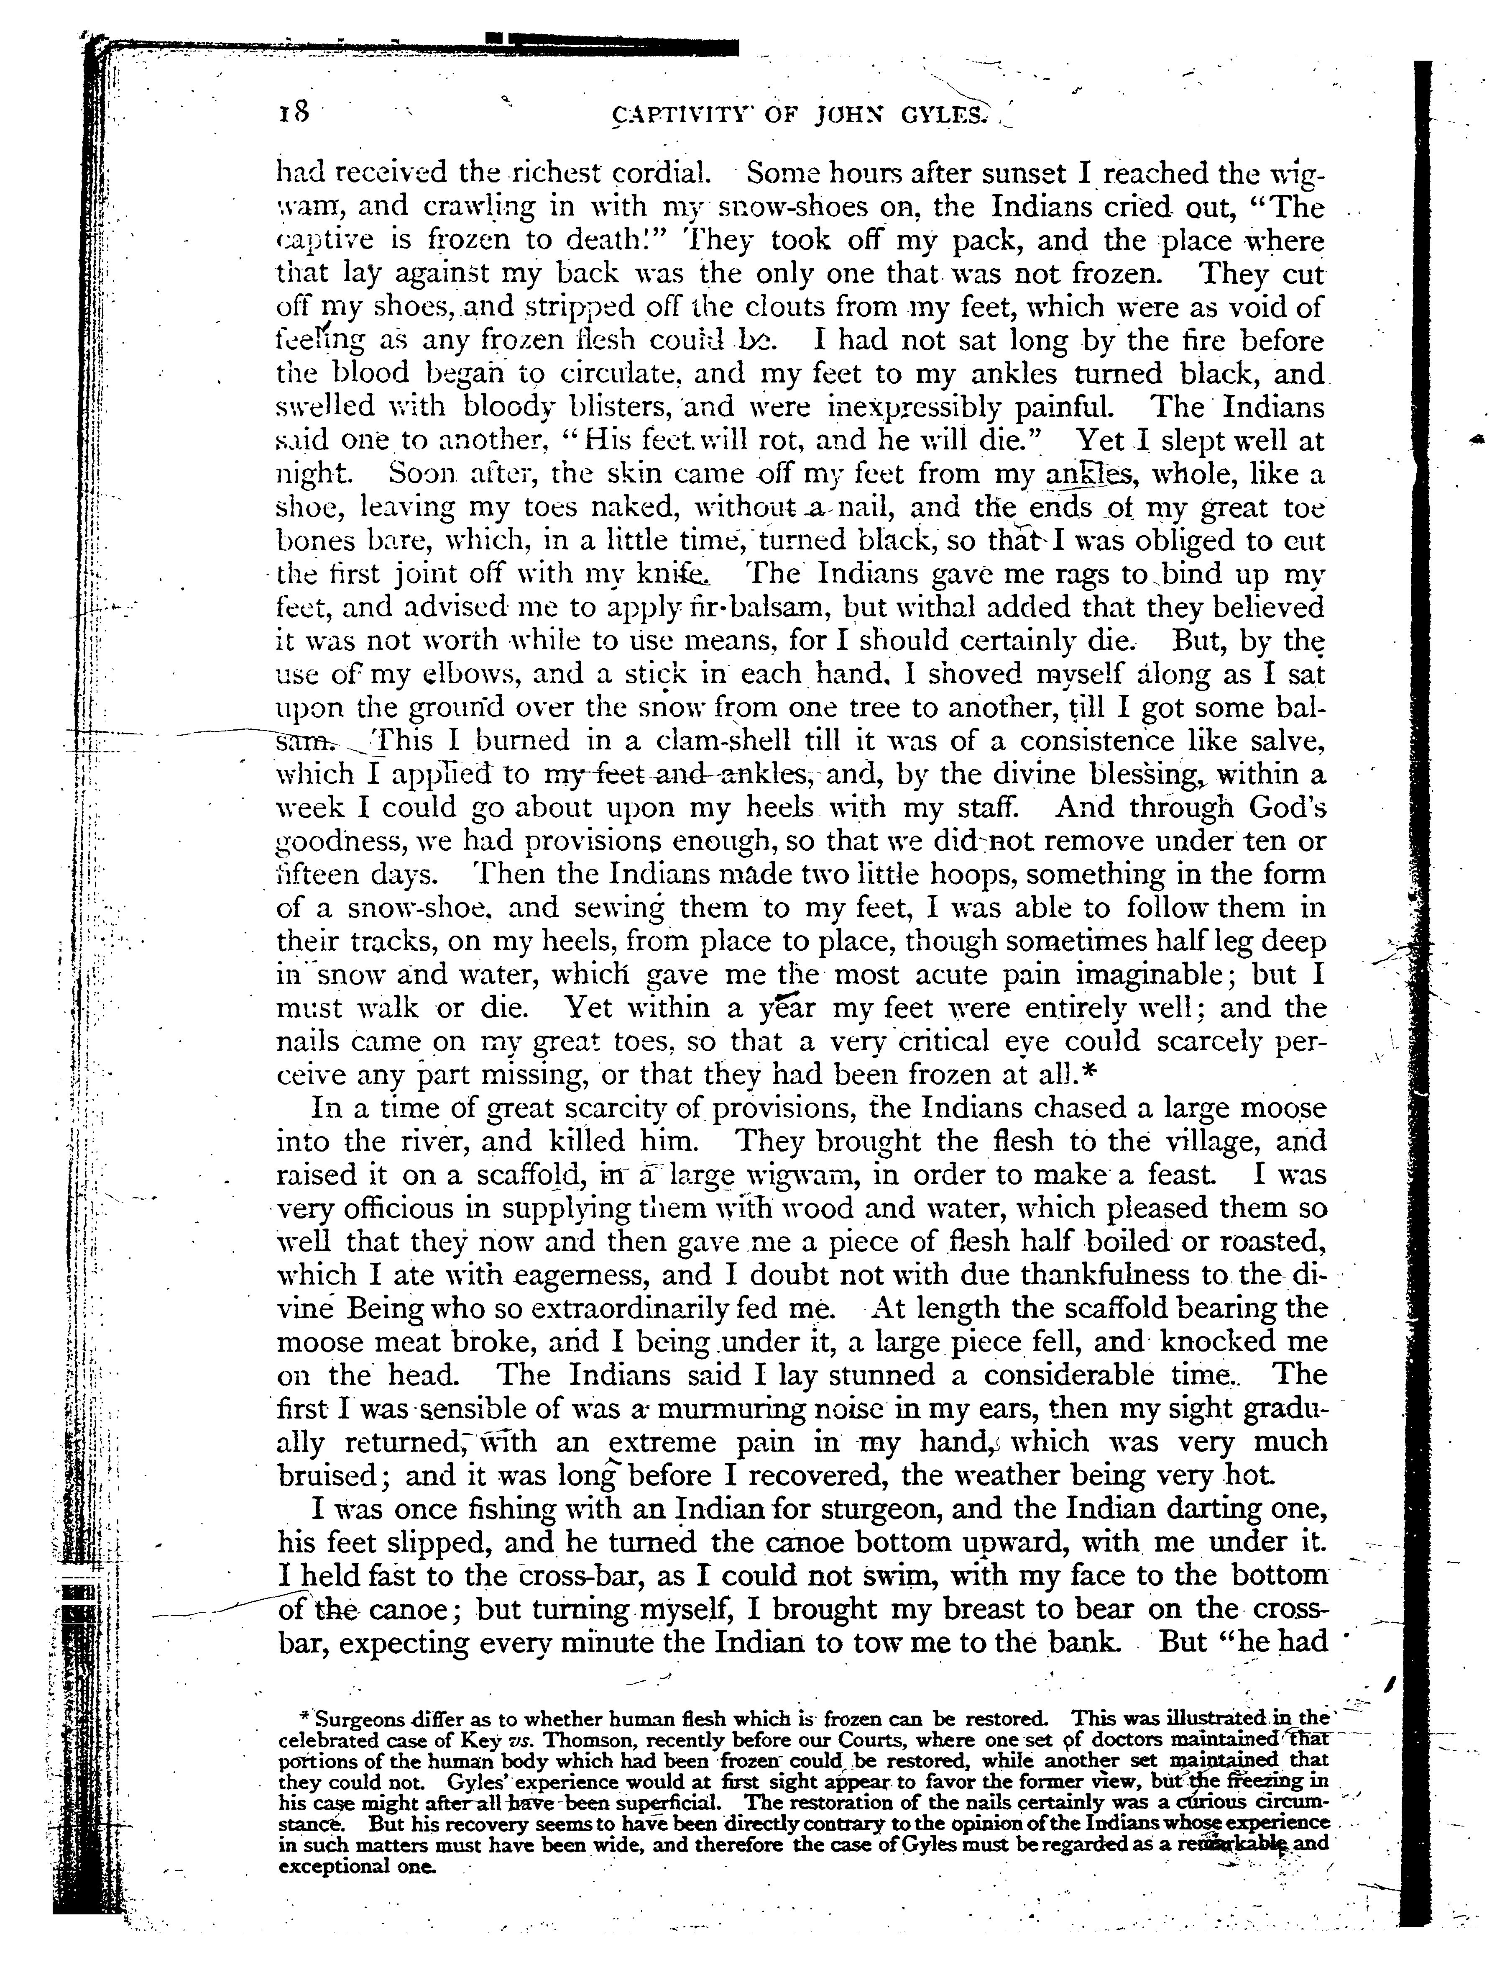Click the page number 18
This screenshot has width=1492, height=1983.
(293, 112)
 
